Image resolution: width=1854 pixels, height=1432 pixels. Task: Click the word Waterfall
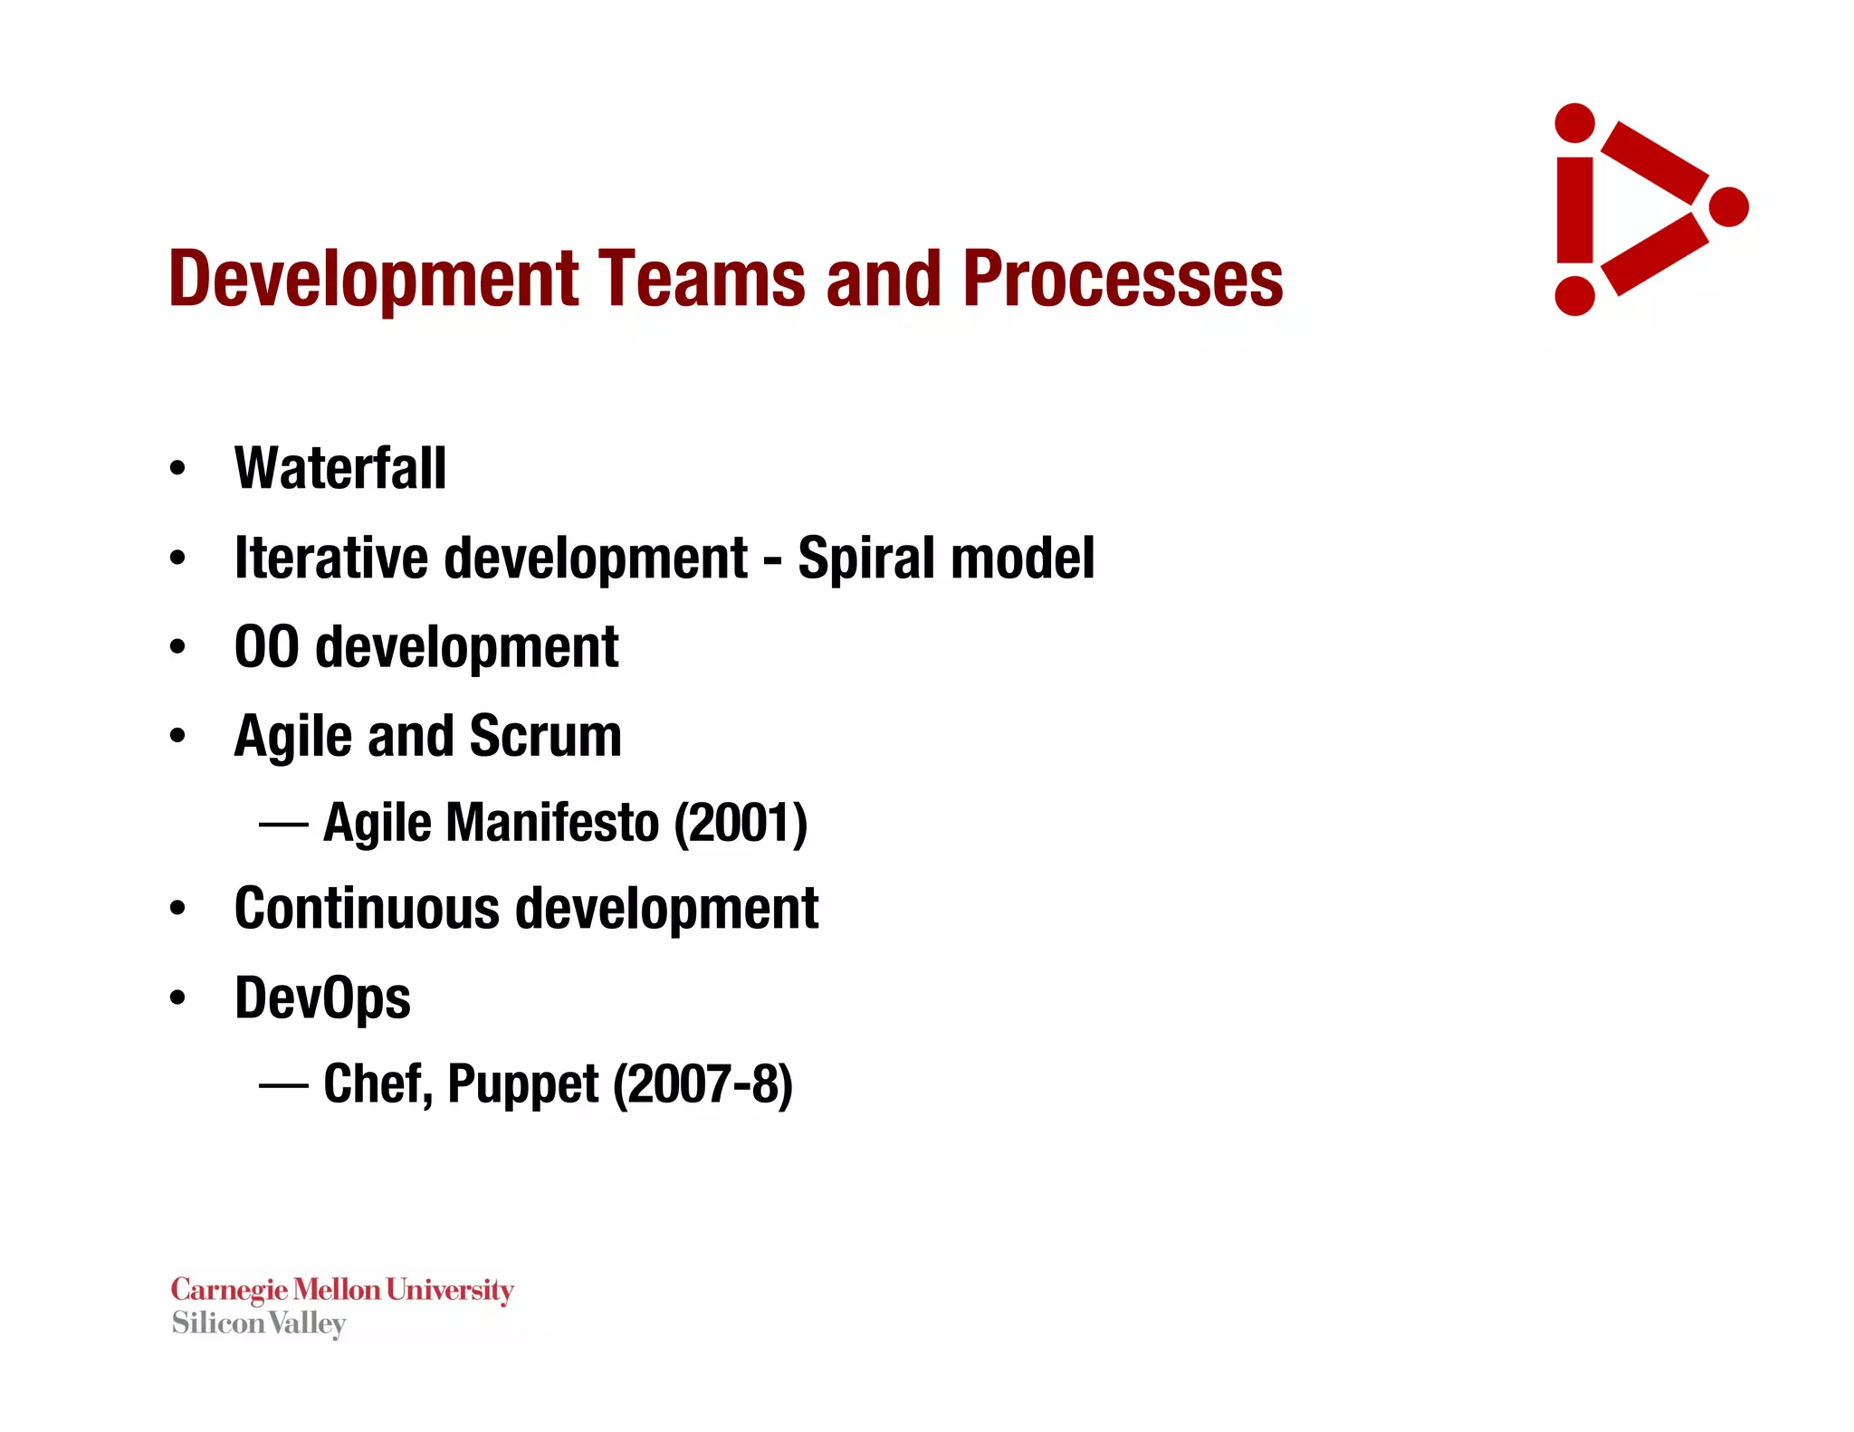coord(339,469)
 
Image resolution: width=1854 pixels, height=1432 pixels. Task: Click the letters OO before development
coord(266,647)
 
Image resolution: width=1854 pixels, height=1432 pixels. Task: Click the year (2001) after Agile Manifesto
coord(740,823)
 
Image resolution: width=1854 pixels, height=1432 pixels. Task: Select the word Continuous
coord(366,908)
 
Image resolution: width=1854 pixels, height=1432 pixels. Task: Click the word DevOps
coord(322,998)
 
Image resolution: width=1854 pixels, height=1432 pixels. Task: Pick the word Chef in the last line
coord(372,1084)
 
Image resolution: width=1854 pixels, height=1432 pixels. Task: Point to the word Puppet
coord(522,1085)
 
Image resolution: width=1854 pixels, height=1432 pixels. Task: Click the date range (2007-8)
coord(702,1084)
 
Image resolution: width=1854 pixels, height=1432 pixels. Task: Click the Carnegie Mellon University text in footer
coord(342,1289)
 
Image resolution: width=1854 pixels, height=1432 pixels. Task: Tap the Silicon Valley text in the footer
coord(259,1323)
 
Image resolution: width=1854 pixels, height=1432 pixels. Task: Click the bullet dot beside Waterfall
coord(177,469)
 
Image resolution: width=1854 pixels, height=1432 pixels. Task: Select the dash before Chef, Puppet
coord(283,1084)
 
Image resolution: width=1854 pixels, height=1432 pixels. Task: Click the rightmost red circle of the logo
coord(1728,207)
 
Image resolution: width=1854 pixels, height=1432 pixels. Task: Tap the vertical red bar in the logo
coord(1574,210)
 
